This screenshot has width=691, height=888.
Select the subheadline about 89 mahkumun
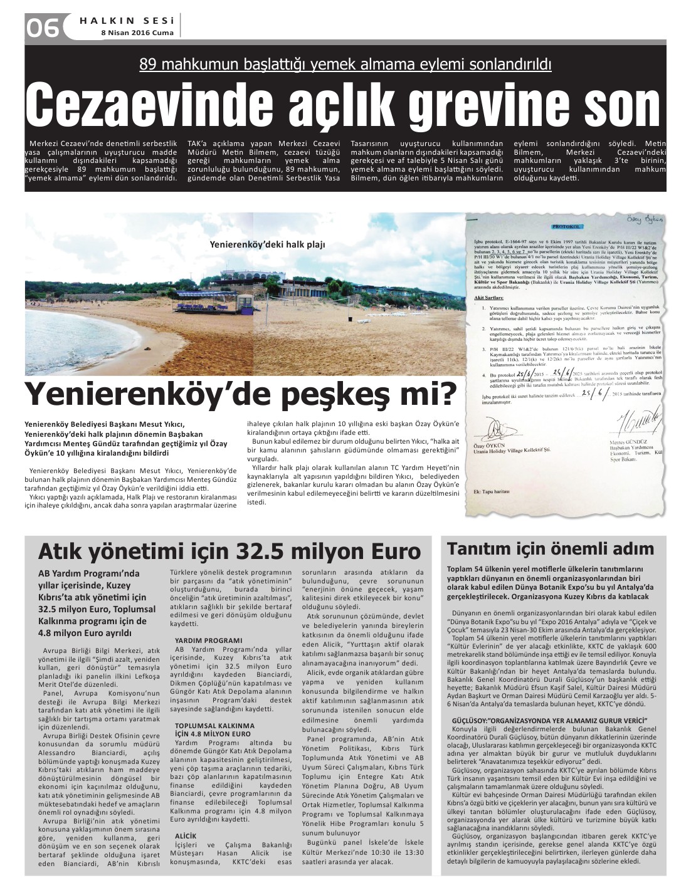tap(345, 64)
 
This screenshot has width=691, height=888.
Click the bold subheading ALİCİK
tap(186, 836)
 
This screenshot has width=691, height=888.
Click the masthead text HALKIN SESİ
tap(127, 20)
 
